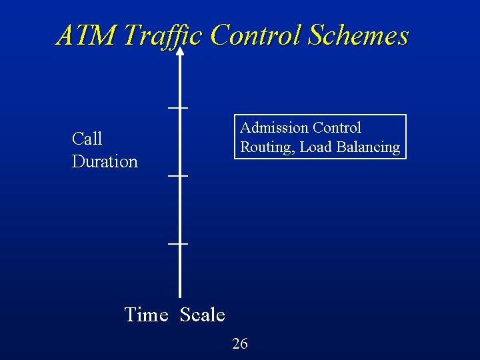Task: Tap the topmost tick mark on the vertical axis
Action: (x=178, y=107)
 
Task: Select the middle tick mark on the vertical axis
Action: (x=178, y=175)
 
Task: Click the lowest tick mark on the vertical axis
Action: (x=178, y=244)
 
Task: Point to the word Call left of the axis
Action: (x=87, y=139)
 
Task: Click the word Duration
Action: (x=105, y=161)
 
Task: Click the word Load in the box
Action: (x=313, y=147)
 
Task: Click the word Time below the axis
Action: (x=146, y=315)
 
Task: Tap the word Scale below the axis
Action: (x=203, y=315)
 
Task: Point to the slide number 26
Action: (x=239, y=343)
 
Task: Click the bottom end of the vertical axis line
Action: (x=179, y=295)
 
